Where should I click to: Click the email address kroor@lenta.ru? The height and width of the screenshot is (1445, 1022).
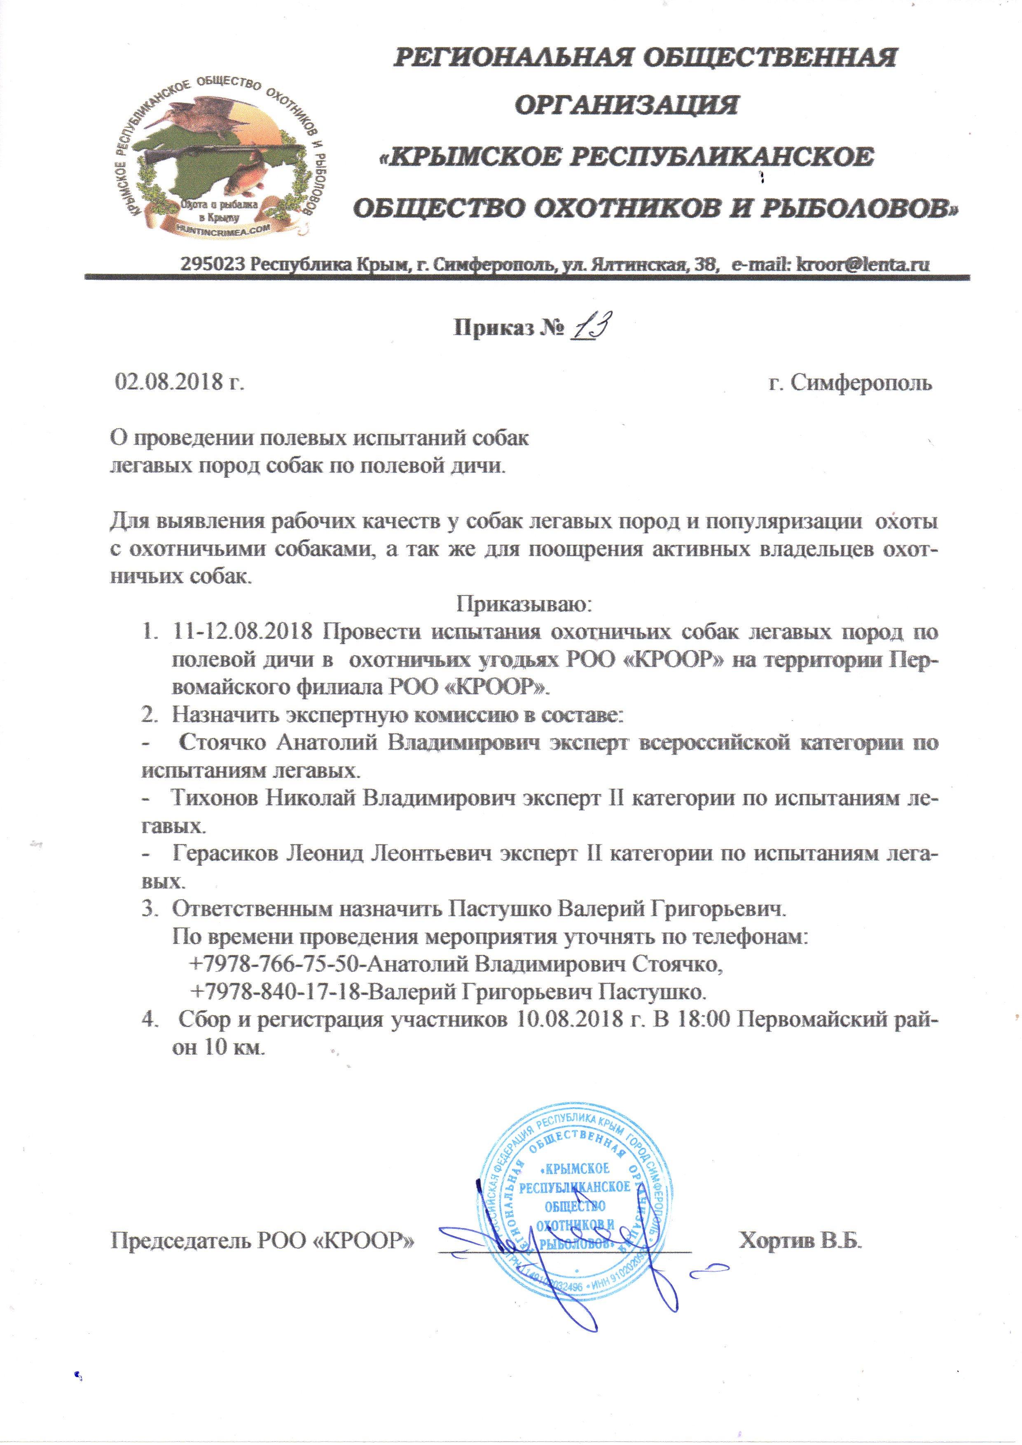862,264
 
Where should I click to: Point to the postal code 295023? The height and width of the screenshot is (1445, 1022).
212,264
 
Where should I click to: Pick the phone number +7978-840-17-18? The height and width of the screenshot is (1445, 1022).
277,992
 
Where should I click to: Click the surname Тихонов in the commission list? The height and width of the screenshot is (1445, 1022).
215,798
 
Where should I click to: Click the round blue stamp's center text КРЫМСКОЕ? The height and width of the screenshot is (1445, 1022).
577,1169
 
